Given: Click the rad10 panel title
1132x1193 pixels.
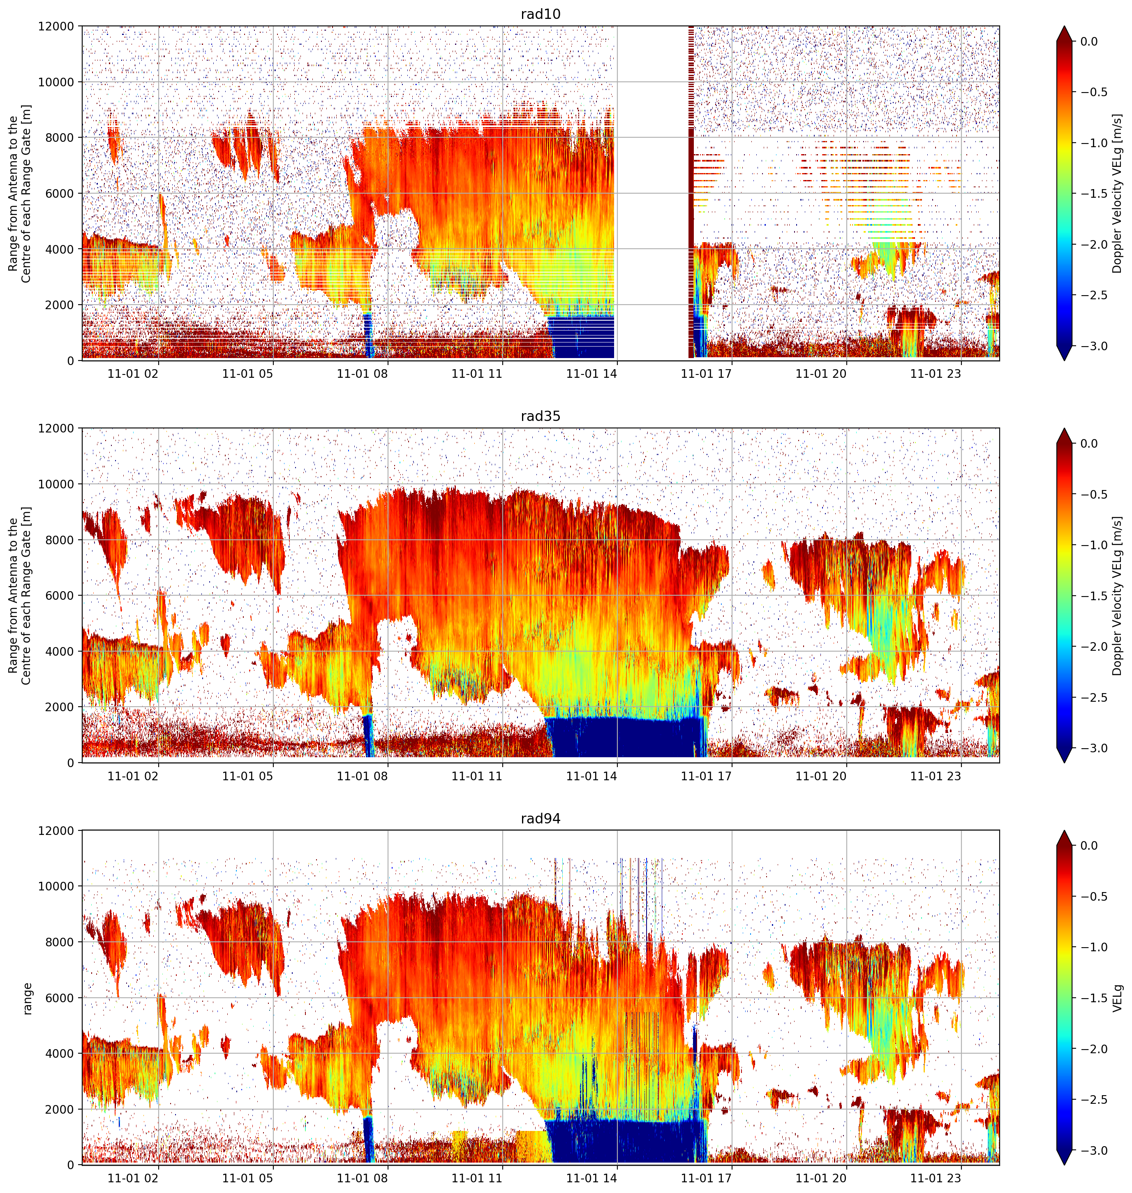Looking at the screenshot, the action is (x=540, y=14).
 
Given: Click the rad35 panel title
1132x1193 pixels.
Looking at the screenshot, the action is (x=540, y=416).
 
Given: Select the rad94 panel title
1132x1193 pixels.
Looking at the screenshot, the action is (x=540, y=818).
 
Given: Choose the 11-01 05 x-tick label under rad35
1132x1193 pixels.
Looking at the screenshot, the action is (x=247, y=776).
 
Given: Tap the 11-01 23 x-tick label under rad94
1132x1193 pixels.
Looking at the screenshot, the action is (x=935, y=1178).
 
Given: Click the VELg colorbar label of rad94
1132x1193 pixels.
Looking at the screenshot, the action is (x=1118, y=998).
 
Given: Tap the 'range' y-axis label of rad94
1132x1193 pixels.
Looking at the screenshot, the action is (x=27, y=998).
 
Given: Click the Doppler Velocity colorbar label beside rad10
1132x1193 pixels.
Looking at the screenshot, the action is (x=1118, y=194).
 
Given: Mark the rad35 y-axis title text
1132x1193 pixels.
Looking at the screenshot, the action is (x=19, y=596).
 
